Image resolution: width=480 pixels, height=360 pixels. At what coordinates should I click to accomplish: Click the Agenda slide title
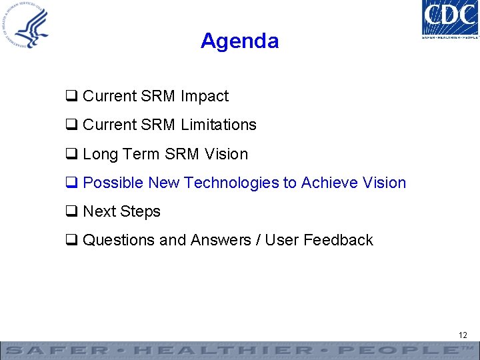pyautogui.click(x=239, y=41)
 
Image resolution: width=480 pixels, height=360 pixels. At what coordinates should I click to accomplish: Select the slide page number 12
pyautogui.click(x=463, y=335)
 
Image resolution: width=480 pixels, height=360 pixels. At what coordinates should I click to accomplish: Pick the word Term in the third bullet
pyautogui.click(x=141, y=154)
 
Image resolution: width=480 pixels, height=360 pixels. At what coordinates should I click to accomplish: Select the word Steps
pyautogui.click(x=141, y=211)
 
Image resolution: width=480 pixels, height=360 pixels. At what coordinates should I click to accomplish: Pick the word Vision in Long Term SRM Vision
pyautogui.click(x=227, y=154)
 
